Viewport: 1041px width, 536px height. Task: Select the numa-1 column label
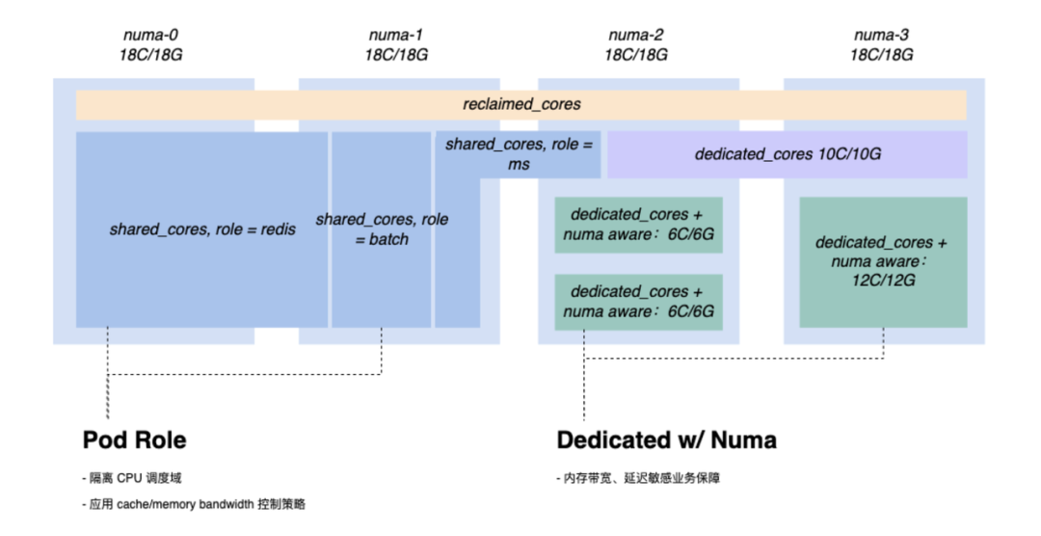coord(395,36)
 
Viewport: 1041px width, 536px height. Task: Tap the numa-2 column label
coord(635,36)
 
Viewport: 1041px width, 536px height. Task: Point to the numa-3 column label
coord(881,36)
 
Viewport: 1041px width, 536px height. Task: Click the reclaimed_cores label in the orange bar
coord(521,104)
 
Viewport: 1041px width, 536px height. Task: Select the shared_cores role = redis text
coord(202,229)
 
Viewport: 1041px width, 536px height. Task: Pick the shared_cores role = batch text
coord(382,229)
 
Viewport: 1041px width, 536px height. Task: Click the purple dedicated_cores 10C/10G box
coord(787,154)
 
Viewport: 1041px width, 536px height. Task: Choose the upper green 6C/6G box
coord(638,225)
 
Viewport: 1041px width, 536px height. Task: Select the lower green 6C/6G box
coord(638,302)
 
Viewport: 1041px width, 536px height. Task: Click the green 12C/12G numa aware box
coord(882,261)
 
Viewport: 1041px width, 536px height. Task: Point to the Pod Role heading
coord(135,441)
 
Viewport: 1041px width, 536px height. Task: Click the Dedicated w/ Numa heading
coord(667,441)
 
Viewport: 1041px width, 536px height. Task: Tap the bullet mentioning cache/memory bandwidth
coord(194,504)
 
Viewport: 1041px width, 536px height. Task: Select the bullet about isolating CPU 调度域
coord(132,478)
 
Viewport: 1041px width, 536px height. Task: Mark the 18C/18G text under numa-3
coord(881,55)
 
